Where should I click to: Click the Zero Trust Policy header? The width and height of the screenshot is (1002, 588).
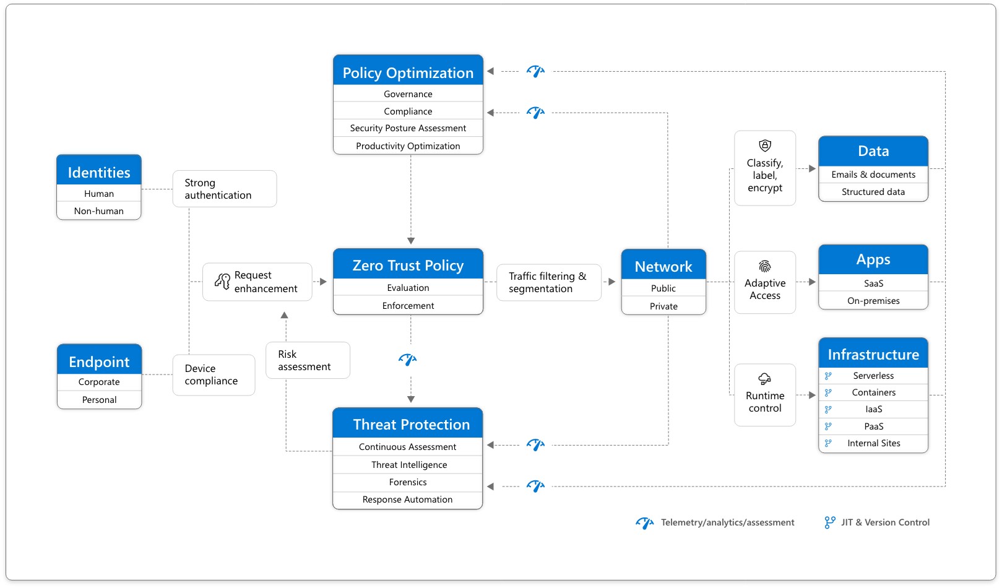coord(408,265)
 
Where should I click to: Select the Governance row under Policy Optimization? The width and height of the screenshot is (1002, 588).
coord(408,94)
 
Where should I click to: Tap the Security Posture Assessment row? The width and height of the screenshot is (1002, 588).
coord(408,128)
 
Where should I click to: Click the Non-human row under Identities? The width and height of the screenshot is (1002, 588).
coord(99,211)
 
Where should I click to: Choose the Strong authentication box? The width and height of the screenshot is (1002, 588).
coord(224,189)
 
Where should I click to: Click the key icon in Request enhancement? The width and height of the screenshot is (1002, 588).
coord(222,282)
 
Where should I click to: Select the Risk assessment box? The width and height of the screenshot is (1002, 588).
coord(308,360)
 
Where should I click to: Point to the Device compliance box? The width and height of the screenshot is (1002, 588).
coord(214,375)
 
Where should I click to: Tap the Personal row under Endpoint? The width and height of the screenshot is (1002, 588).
coord(99,400)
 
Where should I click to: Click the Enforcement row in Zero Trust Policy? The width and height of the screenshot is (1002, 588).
coord(408,306)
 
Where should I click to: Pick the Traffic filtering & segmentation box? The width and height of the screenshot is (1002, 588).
coord(548,282)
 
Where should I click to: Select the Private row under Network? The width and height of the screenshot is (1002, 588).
coord(663,306)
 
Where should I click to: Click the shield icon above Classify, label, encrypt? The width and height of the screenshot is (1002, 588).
coord(765,145)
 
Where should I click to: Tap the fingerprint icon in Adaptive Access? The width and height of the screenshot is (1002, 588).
coord(765,266)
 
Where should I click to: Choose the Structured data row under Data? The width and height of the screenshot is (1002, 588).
coord(873,192)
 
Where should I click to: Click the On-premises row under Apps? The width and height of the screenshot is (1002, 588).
coord(873,301)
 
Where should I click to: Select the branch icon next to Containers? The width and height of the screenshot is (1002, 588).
coord(828,392)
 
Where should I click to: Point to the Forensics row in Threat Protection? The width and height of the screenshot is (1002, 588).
coord(408,482)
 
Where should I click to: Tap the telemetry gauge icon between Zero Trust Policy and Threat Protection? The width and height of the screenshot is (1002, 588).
coord(408,360)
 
